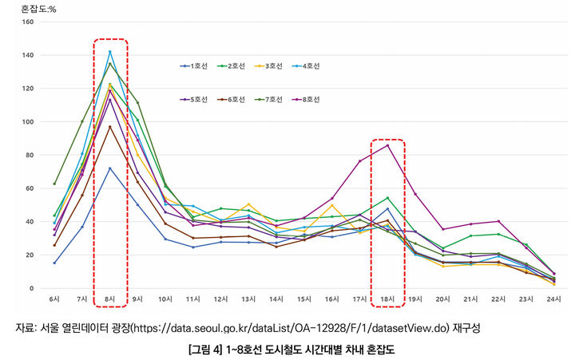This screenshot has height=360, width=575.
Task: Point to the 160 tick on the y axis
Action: pyautogui.click(x=27, y=22)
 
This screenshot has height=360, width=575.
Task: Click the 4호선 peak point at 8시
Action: pyautogui.click(x=109, y=52)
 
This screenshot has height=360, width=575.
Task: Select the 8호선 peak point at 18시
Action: pyautogui.click(x=387, y=145)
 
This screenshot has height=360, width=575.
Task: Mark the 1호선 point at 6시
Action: pyautogui.click(x=54, y=263)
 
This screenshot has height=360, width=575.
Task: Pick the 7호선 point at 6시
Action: pyautogui.click(x=54, y=184)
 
